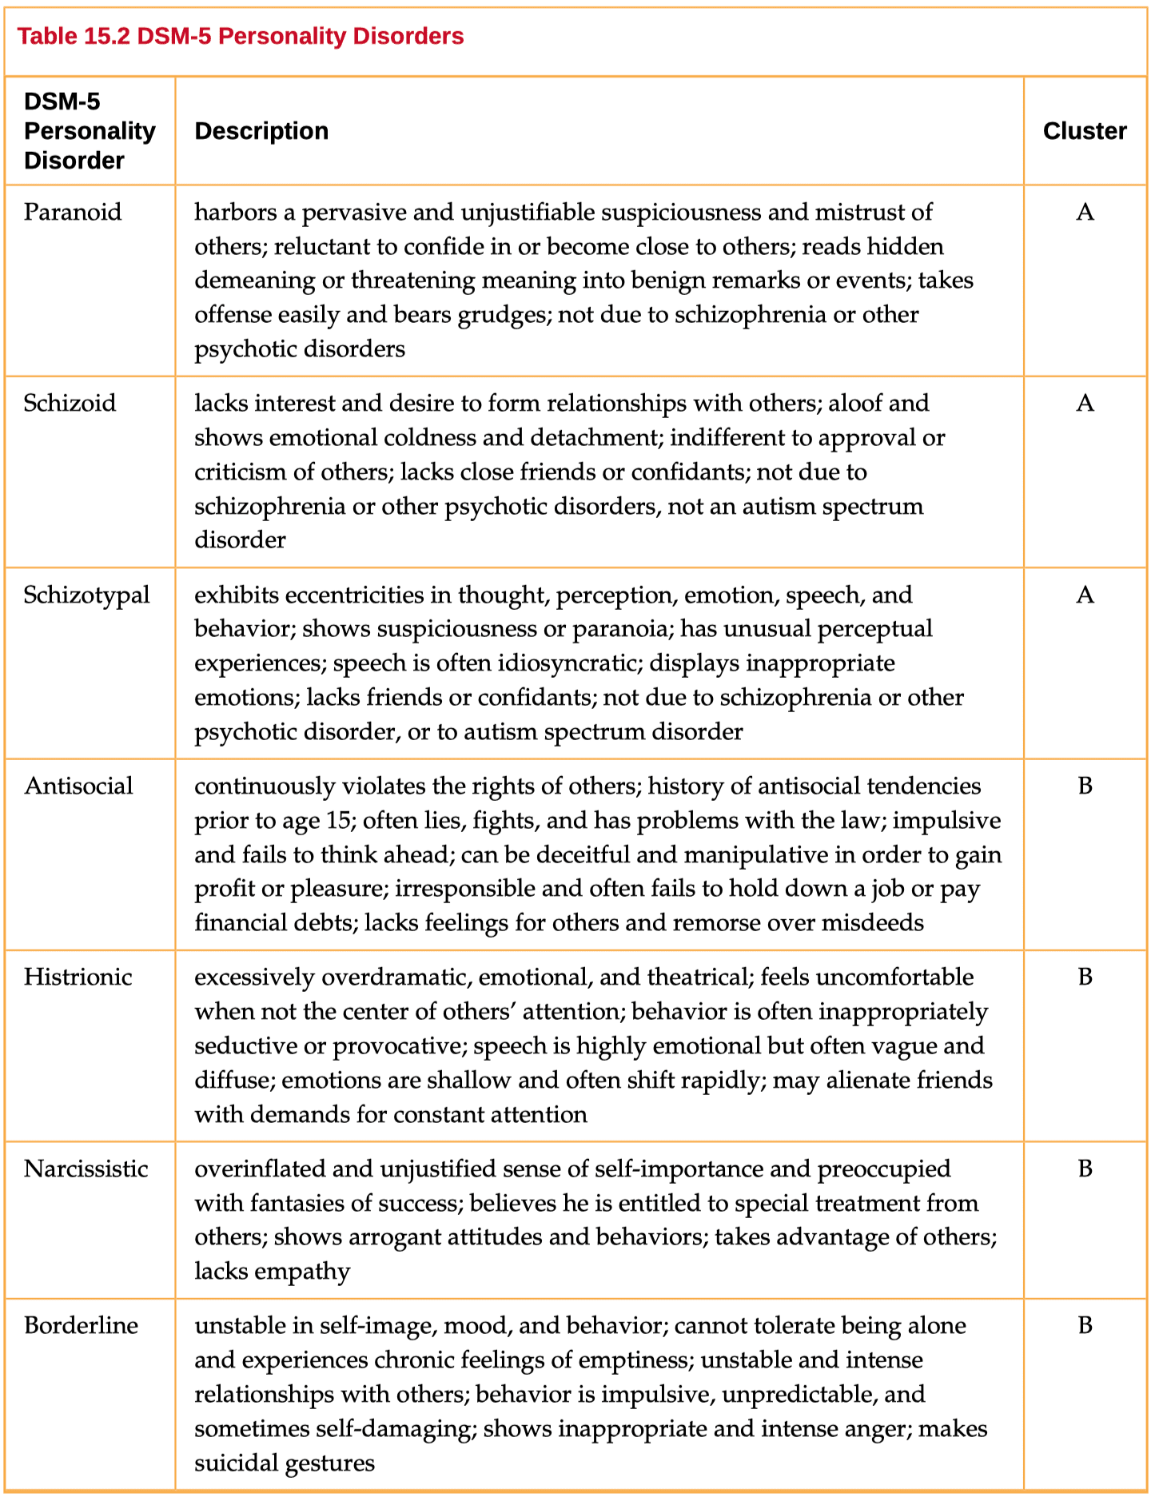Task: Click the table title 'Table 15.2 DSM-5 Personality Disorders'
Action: click(x=241, y=37)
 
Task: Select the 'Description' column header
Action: click(x=261, y=131)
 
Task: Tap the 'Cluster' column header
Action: click(x=1085, y=131)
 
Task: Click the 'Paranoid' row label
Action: click(x=73, y=213)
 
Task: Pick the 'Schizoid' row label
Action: click(x=70, y=403)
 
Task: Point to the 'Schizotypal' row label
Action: click(x=86, y=595)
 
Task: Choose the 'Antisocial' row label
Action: click(x=78, y=786)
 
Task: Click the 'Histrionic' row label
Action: click(x=78, y=977)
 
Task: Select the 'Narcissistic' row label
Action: click(x=86, y=1169)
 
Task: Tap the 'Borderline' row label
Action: click(x=81, y=1326)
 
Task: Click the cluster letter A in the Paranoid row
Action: click(x=1085, y=213)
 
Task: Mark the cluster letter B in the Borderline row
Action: click(x=1085, y=1326)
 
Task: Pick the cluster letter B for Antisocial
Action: click(x=1085, y=786)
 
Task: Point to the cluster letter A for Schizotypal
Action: click(x=1085, y=595)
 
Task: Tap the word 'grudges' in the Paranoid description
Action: click(x=504, y=315)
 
